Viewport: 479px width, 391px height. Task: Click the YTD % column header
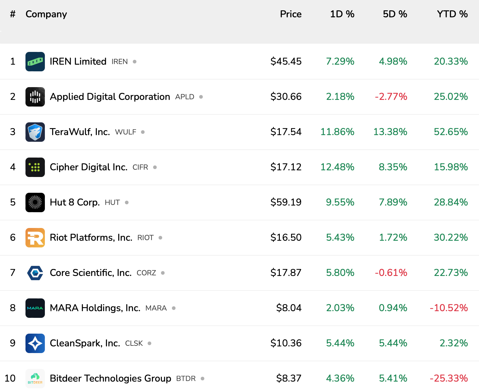click(452, 14)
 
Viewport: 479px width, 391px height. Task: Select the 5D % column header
click(395, 14)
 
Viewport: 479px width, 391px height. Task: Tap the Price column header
click(290, 14)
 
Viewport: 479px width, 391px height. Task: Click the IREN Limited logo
click(35, 62)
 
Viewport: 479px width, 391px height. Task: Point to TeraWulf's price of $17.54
click(286, 132)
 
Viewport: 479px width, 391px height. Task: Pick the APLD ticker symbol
click(185, 97)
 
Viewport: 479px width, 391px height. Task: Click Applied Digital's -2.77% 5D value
click(391, 97)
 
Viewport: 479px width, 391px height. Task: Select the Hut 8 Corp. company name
click(75, 202)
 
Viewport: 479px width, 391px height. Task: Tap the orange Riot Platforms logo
click(35, 237)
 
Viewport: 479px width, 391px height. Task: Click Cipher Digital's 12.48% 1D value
click(337, 167)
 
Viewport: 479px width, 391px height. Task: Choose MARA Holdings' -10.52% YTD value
click(449, 308)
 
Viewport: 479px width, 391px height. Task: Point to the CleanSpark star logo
click(35, 343)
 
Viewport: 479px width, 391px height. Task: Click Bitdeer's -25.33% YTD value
click(449, 378)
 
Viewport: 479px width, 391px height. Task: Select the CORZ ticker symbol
click(146, 273)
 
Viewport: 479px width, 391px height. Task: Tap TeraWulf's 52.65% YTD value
click(451, 132)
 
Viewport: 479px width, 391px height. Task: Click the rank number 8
click(13, 308)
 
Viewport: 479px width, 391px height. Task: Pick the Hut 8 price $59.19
click(286, 202)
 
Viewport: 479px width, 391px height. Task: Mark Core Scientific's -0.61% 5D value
click(391, 273)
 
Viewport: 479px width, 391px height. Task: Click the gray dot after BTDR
click(203, 379)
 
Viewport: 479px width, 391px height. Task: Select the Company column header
click(46, 14)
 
